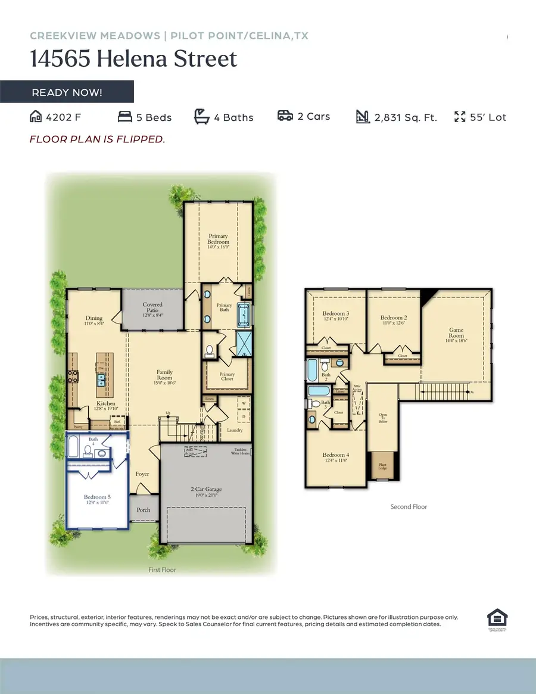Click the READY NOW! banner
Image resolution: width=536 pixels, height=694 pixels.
(67, 92)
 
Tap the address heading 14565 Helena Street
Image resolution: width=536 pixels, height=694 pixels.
(133, 60)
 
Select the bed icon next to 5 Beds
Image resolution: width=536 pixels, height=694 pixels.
(124, 117)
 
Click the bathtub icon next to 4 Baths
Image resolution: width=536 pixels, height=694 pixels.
(202, 117)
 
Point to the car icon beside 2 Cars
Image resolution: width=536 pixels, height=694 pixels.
(285, 116)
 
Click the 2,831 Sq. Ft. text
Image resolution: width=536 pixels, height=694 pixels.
(406, 117)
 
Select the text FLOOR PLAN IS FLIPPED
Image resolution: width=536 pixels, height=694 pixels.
(97, 139)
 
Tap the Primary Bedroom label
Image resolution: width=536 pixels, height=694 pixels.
(219, 239)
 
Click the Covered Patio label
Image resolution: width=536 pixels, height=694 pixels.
(152, 307)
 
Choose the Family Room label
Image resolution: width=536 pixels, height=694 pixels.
(164, 374)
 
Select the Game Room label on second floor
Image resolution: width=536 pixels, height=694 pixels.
(456, 332)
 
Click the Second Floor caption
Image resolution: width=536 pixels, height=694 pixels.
(409, 507)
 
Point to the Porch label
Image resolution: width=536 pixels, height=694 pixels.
(144, 510)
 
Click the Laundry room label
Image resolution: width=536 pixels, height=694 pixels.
(234, 430)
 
